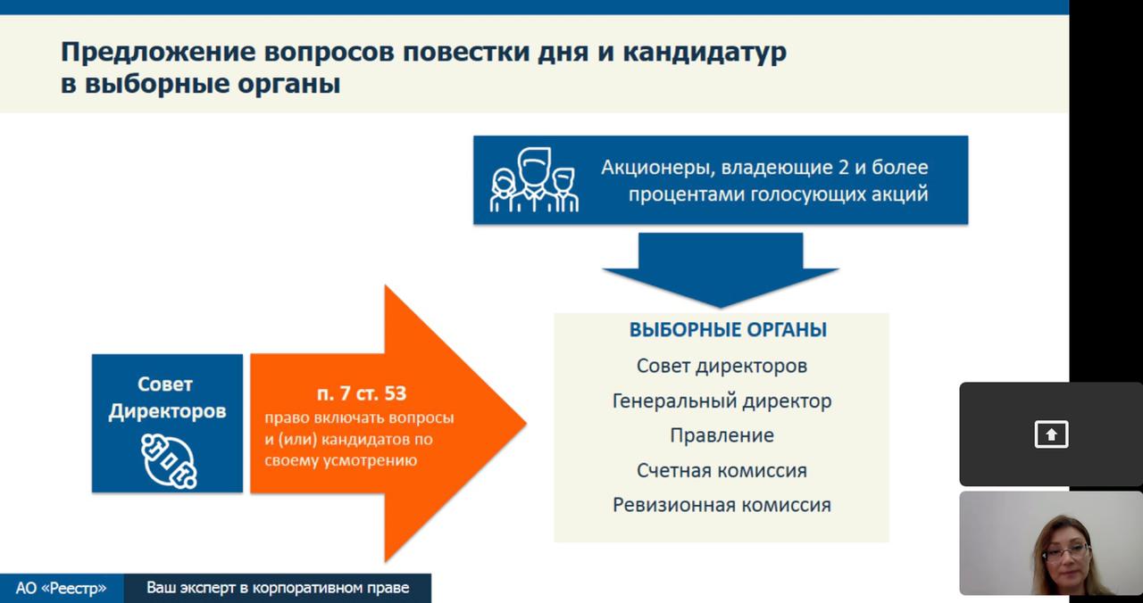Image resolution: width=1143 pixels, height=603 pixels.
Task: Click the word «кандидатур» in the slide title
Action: tap(705, 53)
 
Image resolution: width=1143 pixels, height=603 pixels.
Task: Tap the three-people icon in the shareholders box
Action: tap(534, 180)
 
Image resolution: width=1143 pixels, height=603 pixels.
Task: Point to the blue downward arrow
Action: tap(721, 270)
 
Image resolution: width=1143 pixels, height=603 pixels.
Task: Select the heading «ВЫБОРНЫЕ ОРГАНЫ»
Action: tap(728, 330)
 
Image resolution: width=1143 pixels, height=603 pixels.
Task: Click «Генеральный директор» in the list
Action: tap(722, 401)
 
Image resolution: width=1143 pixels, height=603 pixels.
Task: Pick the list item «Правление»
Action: tap(722, 435)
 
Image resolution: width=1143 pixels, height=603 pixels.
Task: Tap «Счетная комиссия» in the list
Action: tap(722, 470)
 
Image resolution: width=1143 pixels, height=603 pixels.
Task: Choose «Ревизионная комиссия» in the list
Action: tap(722, 505)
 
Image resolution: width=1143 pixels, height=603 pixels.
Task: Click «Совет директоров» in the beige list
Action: tap(722, 366)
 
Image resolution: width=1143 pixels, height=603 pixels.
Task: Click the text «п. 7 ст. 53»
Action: tap(362, 393)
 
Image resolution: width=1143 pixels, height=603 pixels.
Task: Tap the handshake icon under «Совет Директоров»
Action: tap(169, 461)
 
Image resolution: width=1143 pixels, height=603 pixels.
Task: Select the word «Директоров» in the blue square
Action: tap(167, 411)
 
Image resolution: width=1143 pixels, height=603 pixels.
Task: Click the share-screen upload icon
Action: tap(1051, 434)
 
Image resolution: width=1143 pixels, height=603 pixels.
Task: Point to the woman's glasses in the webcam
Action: tap(1066, 552)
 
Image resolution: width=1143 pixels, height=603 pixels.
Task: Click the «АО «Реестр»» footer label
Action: tap(62, 588)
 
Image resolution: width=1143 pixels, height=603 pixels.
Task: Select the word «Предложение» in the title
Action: tap(158, 53)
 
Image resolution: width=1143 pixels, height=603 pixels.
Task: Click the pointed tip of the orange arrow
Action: tap(526, 423)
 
